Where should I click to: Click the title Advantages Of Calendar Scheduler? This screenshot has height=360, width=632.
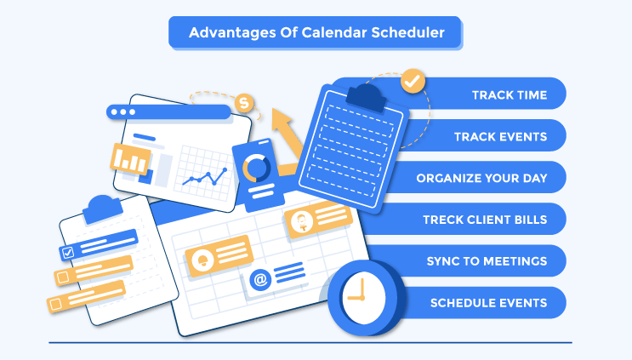tap(316, 33)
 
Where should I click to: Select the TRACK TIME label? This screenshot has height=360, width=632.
tap(510, 94)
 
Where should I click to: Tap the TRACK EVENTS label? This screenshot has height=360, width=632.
tap(500, 135)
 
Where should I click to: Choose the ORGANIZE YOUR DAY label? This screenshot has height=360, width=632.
tap(481, 178)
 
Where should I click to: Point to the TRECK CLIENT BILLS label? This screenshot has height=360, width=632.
tap(485, 220)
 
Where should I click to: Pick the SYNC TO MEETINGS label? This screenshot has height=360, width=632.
tap(487, 260)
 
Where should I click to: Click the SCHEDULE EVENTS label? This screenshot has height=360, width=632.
tap(488, 302)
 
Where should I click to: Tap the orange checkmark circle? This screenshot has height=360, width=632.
tap(413, 82)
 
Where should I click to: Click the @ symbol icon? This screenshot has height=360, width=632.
tap(259, 277)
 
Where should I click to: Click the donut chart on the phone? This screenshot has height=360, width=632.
tap(254, 168)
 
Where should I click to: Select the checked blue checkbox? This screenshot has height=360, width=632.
tap(68, 252)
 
